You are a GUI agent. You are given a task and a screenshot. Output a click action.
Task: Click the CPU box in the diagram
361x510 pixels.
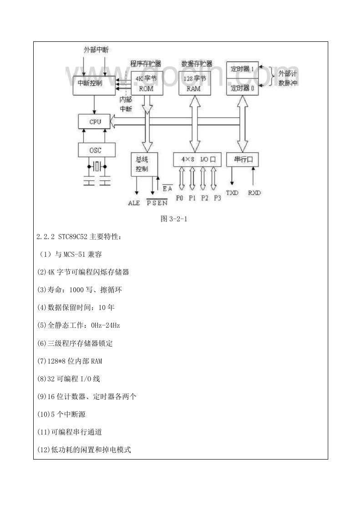click(95, 122)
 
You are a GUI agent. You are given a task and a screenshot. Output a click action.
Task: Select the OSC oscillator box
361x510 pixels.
click(97, 150)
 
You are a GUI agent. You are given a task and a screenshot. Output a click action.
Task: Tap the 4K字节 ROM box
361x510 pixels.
click(147, 83)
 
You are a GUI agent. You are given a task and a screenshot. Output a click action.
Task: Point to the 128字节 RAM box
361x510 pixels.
click(194, 83)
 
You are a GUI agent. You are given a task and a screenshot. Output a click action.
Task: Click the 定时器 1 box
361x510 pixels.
click(242, 70)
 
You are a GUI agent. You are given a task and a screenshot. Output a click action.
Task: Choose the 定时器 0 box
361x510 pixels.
click(242, 87)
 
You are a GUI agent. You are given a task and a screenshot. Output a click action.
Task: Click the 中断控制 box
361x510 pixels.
click(94, 85)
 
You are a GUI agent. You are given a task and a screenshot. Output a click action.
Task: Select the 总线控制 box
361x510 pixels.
click(144, 164)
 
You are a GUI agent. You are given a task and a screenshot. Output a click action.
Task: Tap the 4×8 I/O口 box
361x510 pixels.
click(197, 160)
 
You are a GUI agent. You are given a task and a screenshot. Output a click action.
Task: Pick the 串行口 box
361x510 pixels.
click(242, 160)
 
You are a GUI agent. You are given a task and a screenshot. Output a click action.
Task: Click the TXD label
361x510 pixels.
click(232, 193)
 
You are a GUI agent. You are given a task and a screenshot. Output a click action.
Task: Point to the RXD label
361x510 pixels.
click(254, 193)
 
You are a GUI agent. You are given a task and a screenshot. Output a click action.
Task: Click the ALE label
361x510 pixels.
click(134, 203)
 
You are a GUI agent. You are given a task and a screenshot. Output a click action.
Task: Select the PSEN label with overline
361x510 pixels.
click(157, 202)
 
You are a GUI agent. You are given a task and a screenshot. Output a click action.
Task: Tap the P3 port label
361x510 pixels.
click(217, 198)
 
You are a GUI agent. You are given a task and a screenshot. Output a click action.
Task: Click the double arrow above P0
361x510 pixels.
click(182, 179)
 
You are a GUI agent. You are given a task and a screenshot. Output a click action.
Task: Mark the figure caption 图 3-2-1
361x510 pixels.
click(174, 219)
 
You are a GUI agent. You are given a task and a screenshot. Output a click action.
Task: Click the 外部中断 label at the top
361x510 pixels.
click(96, 50)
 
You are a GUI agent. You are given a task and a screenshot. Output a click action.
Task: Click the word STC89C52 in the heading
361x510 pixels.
click(73, 237)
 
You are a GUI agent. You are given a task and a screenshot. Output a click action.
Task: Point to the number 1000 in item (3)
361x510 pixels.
click(76, 290)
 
